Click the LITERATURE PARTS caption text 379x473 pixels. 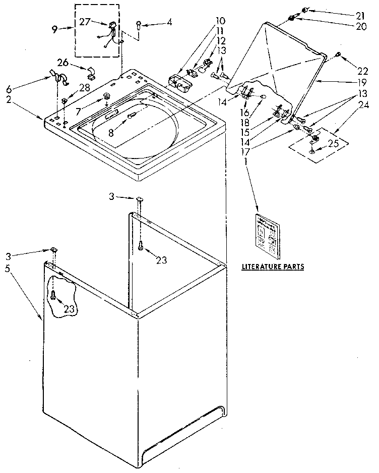(x=273, y=266)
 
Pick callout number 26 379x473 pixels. (x=64, y=63)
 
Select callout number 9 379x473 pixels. (x=55, y=30)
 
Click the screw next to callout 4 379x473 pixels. (x=139, y=23)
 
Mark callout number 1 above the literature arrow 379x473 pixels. (x=245, y=161)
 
